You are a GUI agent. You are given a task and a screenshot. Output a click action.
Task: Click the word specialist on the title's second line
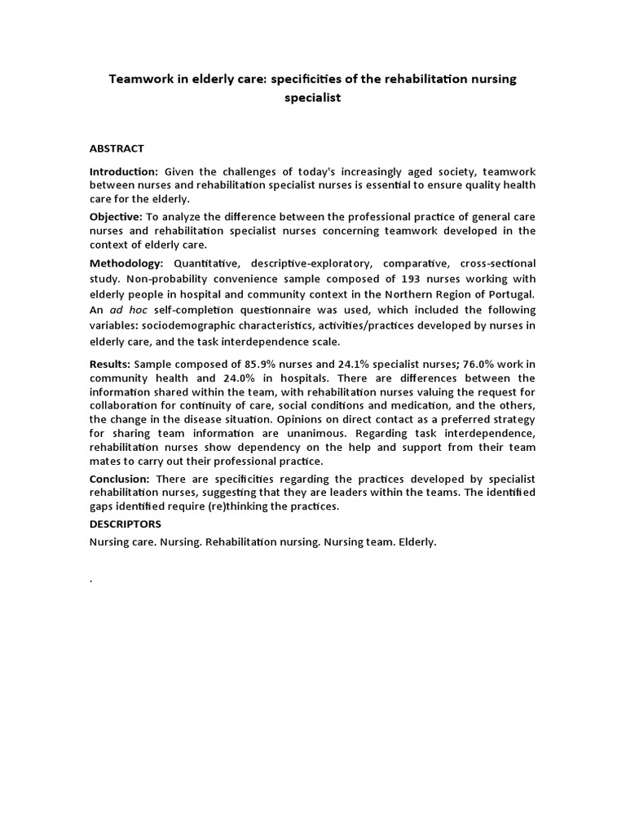tap(313, 97)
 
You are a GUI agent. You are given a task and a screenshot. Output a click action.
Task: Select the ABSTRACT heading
tap(117, 148)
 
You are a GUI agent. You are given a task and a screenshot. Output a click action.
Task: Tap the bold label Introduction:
tap(124, 171)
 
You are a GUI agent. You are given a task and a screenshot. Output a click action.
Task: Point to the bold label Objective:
tap(116, 216)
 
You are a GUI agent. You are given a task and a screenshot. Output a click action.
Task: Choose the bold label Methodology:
tap(126, 263)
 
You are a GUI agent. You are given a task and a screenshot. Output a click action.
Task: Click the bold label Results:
tap(110, 364)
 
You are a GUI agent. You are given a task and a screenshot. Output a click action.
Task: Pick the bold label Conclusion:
tap(119, 479)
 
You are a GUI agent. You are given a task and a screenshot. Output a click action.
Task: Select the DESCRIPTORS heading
tap(126, 524)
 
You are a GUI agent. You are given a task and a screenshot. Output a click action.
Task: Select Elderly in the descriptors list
tap(417, 542)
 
